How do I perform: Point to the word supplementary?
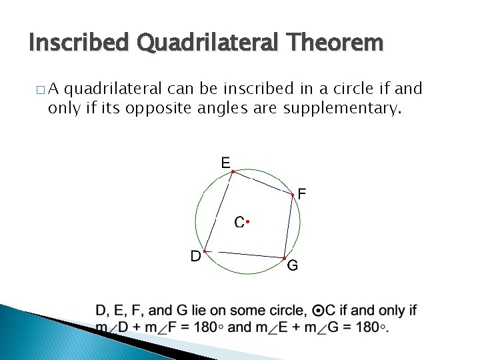tap(343, 109)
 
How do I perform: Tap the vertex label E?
tap(225, 163)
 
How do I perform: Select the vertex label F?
tap(302, 195)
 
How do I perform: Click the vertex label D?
tap(195, 256)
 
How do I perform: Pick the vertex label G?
tap(293, 267)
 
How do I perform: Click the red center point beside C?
tap(247, 221)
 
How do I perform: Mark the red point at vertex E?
tap(232, 172)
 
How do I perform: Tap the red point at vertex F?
tap(293, 195)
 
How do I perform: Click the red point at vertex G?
tap(284, 258)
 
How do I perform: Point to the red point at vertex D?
tap(205, 251)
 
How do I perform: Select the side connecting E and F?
tap(262, 183)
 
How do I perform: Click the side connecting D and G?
tap(244, 255)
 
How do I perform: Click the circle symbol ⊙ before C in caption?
tap(319, 311)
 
